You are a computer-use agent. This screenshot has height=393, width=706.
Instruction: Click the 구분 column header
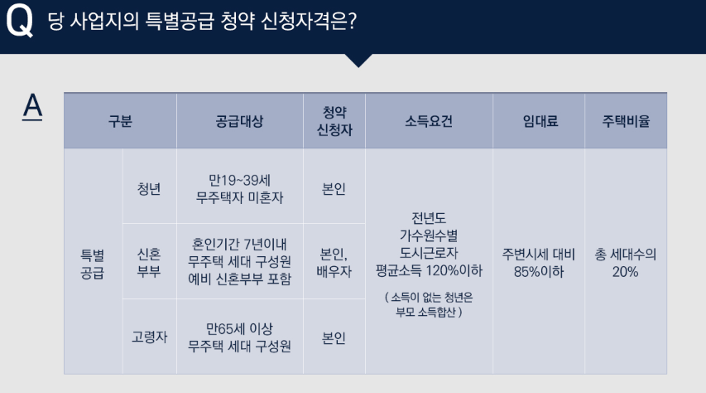click(120, 121)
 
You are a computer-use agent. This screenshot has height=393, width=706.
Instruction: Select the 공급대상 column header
click(239, 121)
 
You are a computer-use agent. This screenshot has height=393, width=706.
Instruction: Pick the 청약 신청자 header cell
click(334, 121)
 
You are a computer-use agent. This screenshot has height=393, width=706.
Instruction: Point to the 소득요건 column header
click(429, 121)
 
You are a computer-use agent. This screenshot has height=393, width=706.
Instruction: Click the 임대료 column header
click(540, 121)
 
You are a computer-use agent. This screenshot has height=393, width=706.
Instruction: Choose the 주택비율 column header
click(626, 121)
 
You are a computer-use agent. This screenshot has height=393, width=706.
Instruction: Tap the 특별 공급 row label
click(93, 262)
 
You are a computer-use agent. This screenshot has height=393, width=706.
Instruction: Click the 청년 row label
click(150, 187)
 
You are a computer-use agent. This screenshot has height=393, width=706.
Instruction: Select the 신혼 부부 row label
click(149, 262)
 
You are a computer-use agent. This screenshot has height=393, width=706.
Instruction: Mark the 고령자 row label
click(150, 337)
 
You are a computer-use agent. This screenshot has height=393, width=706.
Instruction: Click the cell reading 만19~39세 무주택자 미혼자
click(239, 188)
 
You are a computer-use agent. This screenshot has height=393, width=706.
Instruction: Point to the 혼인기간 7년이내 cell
click(239, 262)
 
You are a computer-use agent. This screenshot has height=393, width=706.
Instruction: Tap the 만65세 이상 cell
click(239, 337)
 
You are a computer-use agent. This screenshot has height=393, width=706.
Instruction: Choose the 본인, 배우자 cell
click(334, 262)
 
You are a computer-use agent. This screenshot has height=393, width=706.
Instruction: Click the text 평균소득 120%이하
click(429, 270)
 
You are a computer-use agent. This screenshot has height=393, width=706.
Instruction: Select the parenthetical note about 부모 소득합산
click(429, 304)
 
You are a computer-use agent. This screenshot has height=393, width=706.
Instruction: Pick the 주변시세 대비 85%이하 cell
click(539, 262)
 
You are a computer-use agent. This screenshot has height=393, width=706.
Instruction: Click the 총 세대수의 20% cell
click(626, 262)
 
